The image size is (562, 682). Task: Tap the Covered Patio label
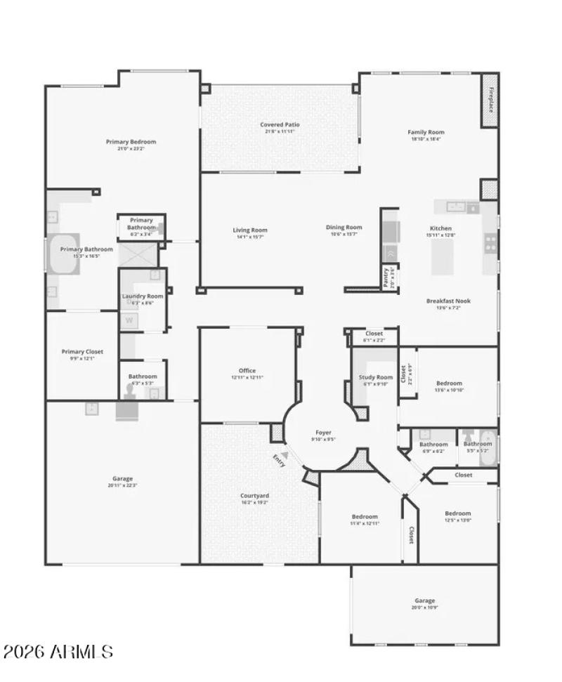tap(280, 125)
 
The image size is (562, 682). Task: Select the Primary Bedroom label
tap(131, 142)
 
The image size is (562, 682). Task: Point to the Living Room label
tap(250, 230)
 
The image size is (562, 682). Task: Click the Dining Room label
tap(344, 227)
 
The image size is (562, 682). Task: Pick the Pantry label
tap(386, 277)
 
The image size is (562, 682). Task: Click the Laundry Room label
tap(143, 296)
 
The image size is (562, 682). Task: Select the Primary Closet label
tap(83, 351)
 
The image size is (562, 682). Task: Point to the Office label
tap(247, 370)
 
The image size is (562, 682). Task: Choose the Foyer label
tap(323, 433)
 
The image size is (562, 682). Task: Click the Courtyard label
tap(255, 496)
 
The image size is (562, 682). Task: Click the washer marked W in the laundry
tap(129, 321)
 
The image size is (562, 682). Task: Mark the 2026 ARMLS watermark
tap(58, 652)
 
